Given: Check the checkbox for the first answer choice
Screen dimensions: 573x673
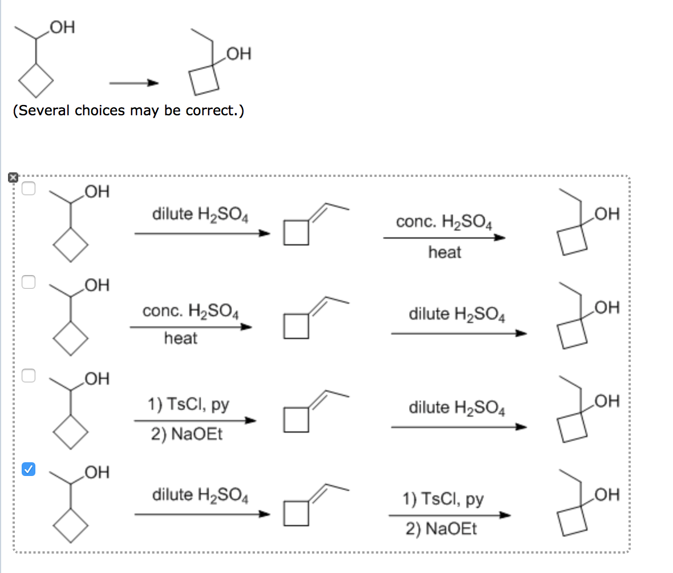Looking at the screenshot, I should point(29,189).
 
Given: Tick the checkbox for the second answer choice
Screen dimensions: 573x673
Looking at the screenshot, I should point(29,281).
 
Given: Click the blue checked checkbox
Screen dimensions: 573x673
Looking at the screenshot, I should point(29,469).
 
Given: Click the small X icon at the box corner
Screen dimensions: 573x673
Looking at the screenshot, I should point(13,177).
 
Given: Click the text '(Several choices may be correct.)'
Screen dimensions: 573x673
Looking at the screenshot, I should point(128,110).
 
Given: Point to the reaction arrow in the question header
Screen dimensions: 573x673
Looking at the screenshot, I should point(133,83).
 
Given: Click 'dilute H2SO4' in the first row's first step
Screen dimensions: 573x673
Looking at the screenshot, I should point(200,215).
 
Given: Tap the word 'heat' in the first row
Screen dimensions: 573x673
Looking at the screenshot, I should point(444,252).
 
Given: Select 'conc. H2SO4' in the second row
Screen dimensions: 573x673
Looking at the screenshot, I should point(190,312).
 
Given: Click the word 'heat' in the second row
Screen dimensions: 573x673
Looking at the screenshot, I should point(180,338).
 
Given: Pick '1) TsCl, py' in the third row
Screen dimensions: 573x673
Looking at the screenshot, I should point(188,405).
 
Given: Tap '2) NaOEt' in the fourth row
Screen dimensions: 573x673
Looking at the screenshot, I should point(441,528).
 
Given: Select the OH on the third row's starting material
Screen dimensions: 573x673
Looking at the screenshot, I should point(95,379).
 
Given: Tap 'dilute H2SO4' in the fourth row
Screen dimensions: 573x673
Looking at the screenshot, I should point(200,494).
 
